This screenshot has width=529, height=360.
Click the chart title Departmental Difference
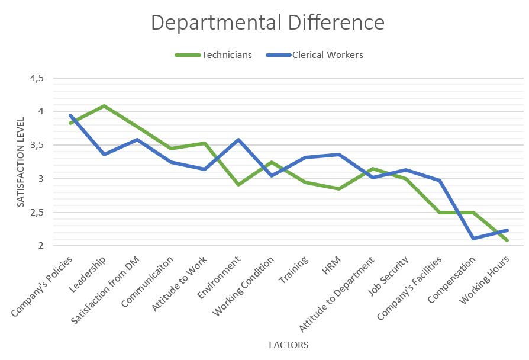(x=267, y=22)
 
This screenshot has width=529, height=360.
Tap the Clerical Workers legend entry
(x=327, y=55)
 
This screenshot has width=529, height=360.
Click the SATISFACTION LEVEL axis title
(x=21, y=162)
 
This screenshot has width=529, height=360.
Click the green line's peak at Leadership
(x=105, y=106)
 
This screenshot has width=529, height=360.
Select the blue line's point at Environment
(x=238, y=140)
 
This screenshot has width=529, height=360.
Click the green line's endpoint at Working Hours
(x=508, y=240)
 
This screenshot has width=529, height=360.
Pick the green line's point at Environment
(x=238, y=185)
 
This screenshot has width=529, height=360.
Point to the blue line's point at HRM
(x=339, y=155)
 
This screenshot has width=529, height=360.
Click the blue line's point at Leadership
(x=105, y=154)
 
